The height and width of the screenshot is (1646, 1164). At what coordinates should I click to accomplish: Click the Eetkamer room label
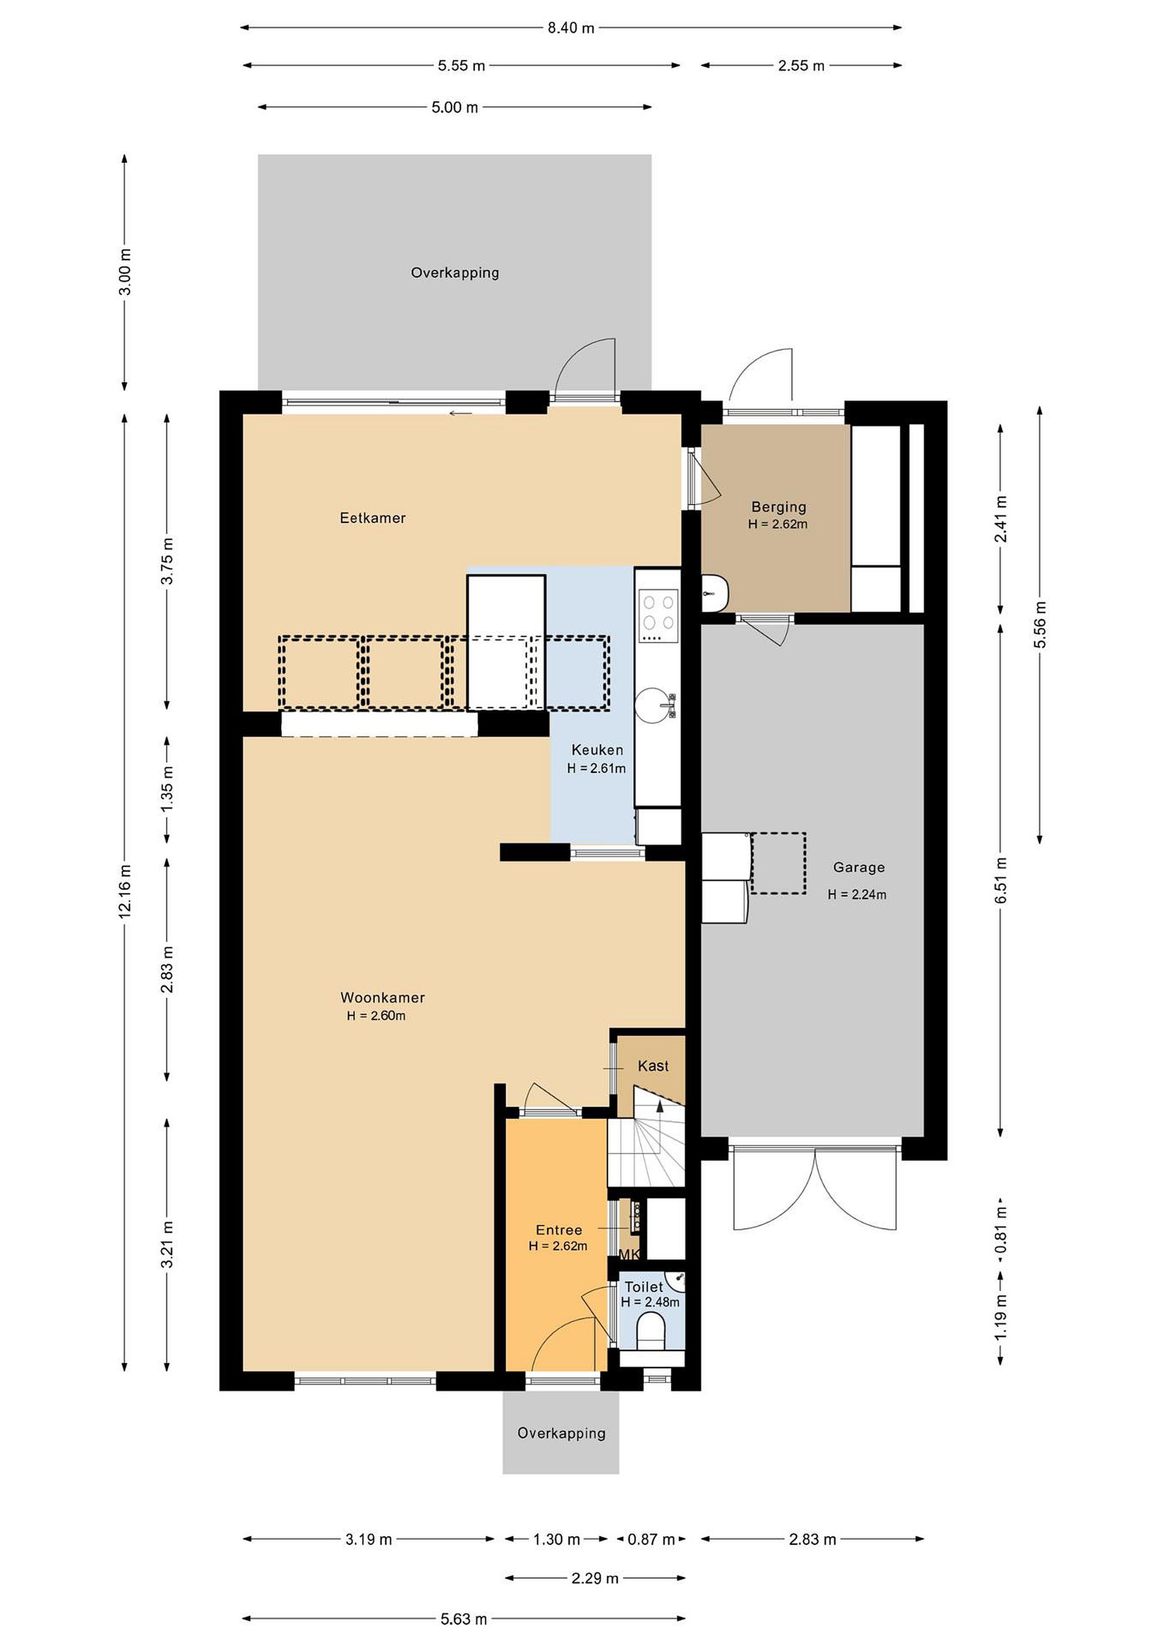point(373,518)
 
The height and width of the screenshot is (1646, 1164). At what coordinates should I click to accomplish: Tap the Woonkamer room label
point(383,997)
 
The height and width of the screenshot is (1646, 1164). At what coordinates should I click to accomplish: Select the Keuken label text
point(597,750)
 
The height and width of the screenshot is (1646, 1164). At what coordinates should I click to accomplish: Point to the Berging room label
point(778,507)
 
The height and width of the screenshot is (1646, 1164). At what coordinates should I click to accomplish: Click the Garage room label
point(859,868)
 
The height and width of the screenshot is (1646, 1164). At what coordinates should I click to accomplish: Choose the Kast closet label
point(653,1066)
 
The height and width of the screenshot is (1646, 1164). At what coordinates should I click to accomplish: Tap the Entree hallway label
point(558,1230)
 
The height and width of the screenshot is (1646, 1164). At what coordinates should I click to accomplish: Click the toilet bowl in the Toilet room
point(651,1330)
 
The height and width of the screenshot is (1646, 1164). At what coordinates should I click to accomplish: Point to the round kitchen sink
point(654,704)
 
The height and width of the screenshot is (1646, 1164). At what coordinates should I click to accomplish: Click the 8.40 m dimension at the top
point(571,28)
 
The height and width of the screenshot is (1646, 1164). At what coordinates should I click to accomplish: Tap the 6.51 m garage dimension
point(1001,880)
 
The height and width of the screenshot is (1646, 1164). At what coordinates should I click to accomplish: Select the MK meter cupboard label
point(629,1255)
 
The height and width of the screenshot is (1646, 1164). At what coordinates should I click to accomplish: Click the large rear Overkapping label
point(454,273)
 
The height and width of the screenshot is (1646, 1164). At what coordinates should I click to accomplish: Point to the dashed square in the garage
point(778,863)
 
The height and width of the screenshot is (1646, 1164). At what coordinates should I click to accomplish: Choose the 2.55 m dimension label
point(801,66)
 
